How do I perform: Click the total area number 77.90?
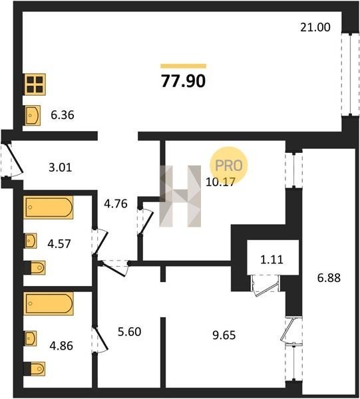coord(183,81)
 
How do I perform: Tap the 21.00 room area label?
coord(315,27)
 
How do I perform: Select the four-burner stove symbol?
coord(35,84)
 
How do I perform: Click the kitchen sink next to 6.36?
coord(33,115)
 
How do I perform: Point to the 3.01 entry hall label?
coord(61,168)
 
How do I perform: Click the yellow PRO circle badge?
coord(229,166)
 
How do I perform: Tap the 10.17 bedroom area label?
coord(220,182)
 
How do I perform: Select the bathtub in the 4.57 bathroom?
coord(49,207)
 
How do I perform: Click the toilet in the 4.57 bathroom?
coord(35,268)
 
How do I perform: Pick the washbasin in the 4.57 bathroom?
coord(31,241)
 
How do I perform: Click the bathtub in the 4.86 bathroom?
coord(49,304)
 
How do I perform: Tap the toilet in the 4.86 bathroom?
coord(35,368)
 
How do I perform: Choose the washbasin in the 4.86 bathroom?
coord(31,338)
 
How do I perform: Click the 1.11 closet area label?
coord(271,259)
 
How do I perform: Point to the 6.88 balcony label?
coord(329,277)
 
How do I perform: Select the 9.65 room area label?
coord(224,335)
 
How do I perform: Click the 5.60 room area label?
coord(129,332)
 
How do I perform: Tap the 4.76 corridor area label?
coord(116,203)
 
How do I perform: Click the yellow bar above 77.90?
coord(183,66)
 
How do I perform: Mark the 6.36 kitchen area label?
coord(63,115)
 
